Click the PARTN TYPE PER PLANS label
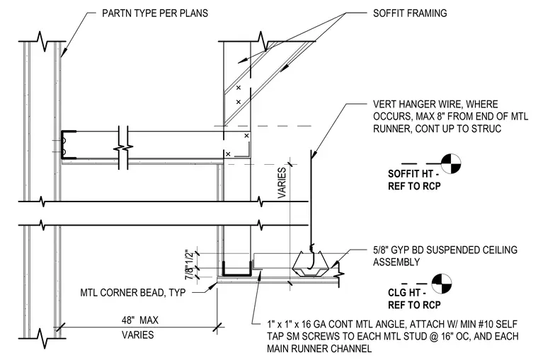(x=155, y=13)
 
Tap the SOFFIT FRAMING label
(x=410, y=13)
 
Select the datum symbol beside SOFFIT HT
(x=450, y=163)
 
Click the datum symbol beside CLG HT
(x=442, y=284)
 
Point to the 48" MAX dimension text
(x=140, y=320)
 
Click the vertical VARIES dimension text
(x=282, y=182)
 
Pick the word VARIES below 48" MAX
(x=138, y=335)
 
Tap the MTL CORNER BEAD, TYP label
(x=133, y=293)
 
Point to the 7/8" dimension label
(x=189, y=273)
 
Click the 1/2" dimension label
(x=189, y=257)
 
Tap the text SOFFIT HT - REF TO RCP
(x=414, y=180)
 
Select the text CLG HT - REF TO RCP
(x=414, y=298)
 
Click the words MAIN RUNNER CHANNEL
(x=319, y=349)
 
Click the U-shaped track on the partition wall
(x=68, y=145)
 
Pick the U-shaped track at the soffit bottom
(x=236, y=269)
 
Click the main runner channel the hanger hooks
(x=311, y=265)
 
